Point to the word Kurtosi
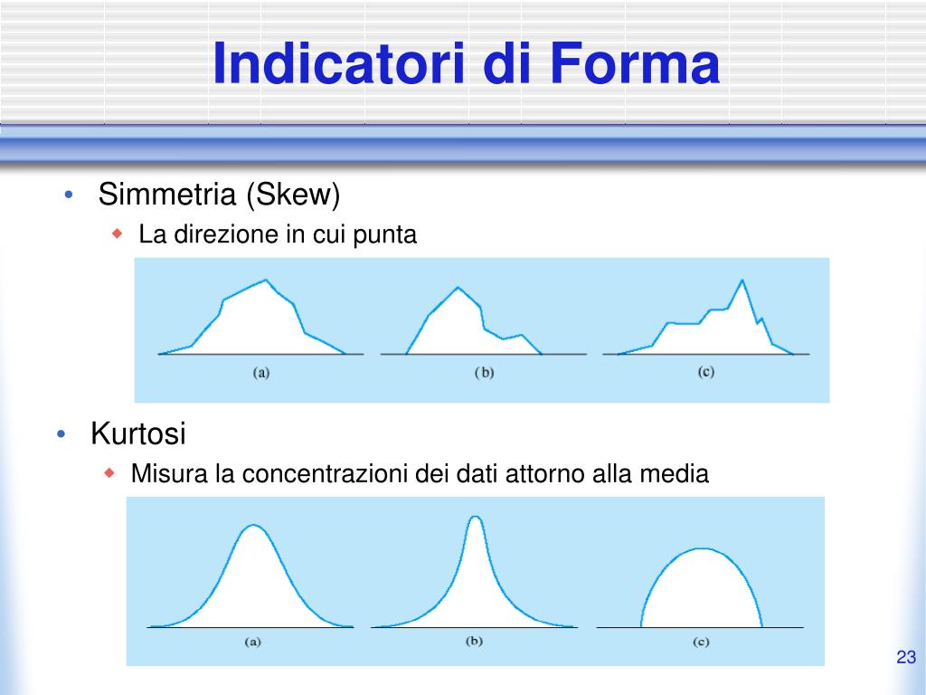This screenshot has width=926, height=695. tap(138, 434)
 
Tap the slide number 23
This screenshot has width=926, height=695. tap(906, 657)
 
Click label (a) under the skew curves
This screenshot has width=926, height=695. tap(260, 371)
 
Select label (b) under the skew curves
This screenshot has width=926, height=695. tap(484, 371)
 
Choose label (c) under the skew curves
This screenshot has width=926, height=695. tap(706, 371)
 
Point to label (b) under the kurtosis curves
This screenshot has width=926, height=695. tap(475, 641)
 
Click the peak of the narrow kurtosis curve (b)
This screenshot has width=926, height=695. tap(476, 517)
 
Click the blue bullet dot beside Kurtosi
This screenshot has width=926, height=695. tap(61, 435)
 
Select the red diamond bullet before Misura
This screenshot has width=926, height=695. tap(110, 473)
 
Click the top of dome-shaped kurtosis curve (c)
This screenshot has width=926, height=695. tap(701, 548)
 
